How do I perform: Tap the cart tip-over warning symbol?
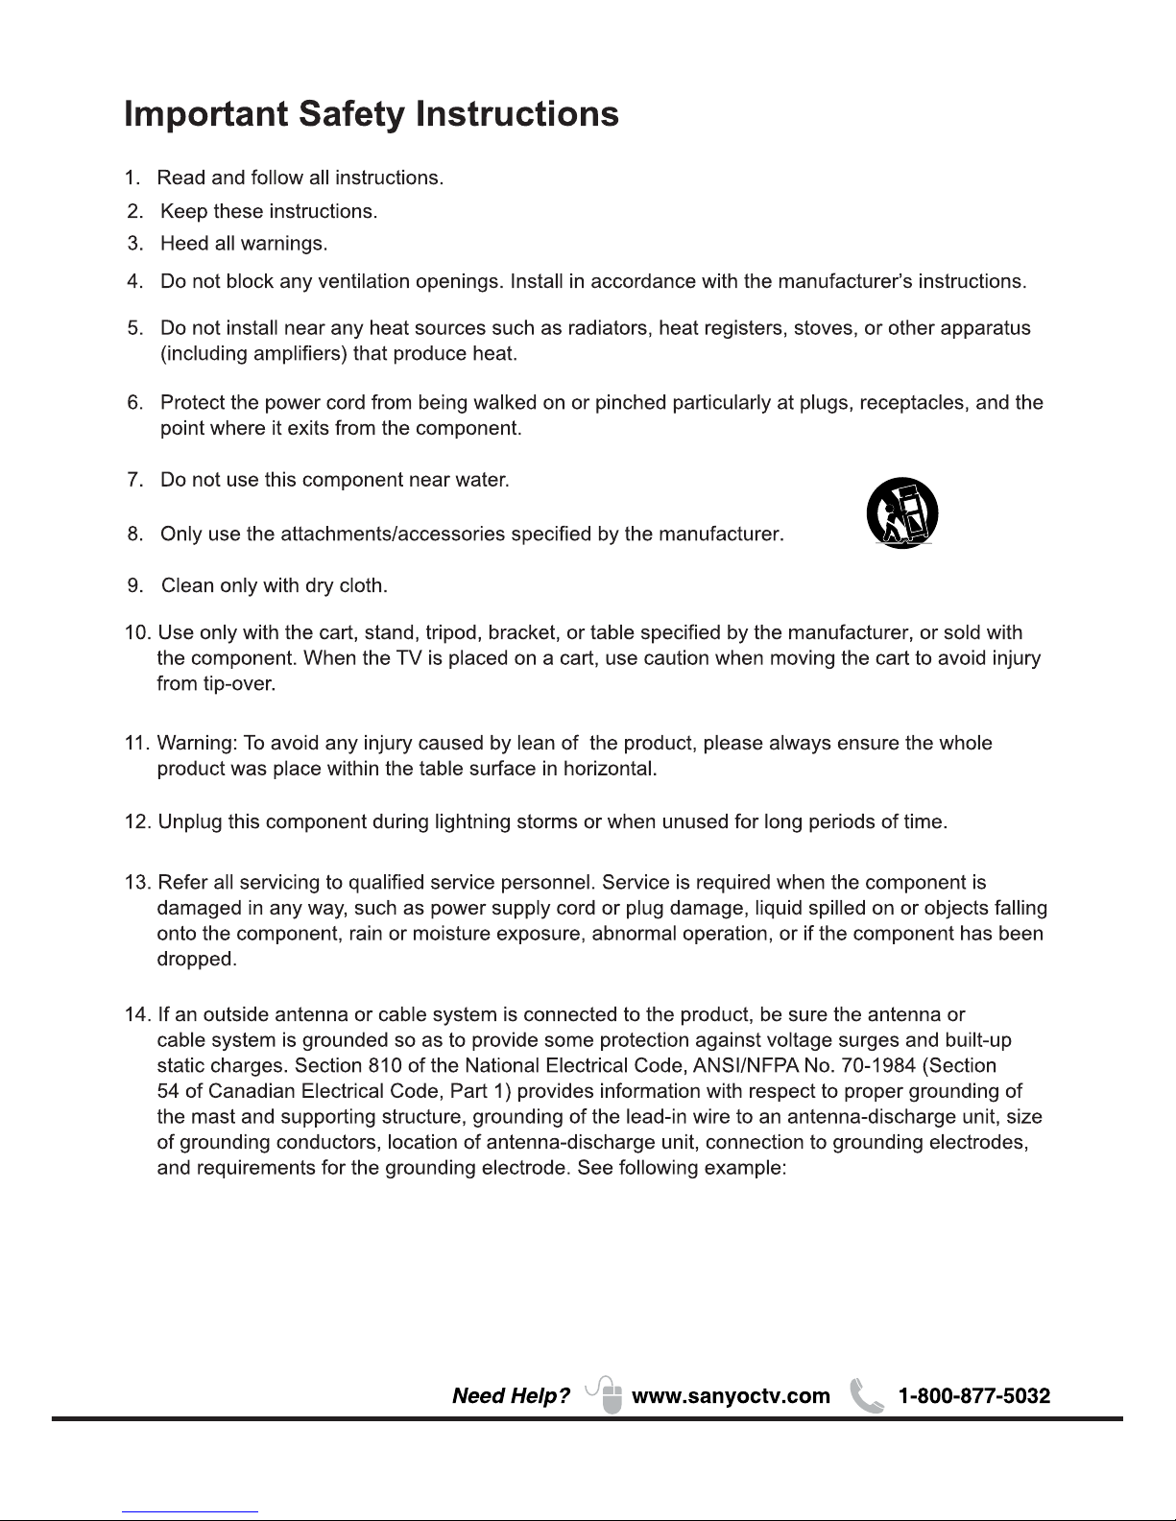point(901,512)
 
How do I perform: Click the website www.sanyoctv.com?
point(731,1396)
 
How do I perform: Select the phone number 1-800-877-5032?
point(973,1396)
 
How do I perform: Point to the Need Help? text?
point(511,1396)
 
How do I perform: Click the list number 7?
point(135,479)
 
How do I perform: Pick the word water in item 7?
point(481,479)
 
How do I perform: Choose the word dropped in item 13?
point(195,960)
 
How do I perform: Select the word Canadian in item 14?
point(252,1092)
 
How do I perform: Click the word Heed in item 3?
point(184,244)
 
